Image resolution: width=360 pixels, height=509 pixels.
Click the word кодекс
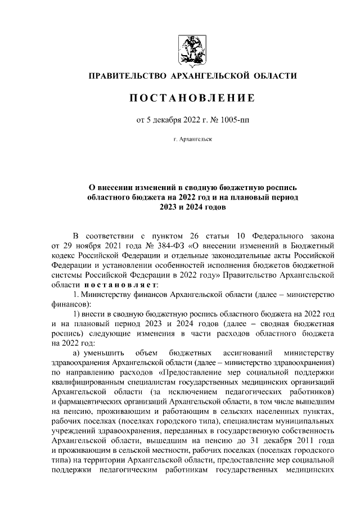click(x=64, y=256)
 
